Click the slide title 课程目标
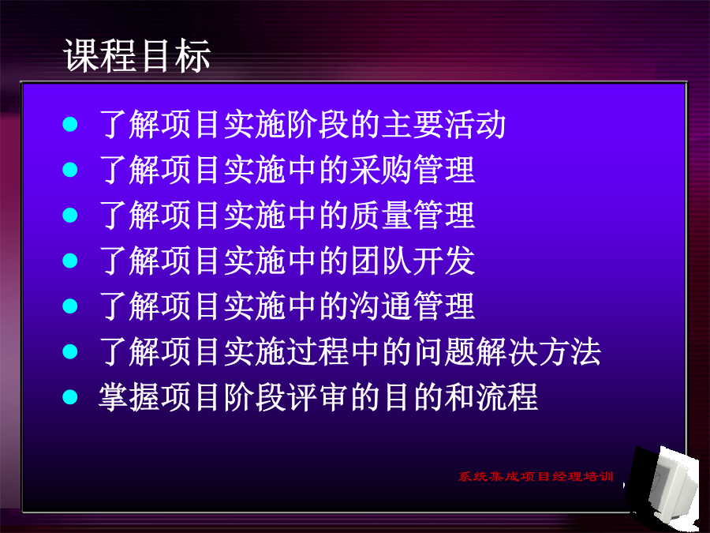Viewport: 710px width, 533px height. tap(136, 56)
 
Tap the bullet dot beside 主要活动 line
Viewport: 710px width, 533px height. tap(70, 124)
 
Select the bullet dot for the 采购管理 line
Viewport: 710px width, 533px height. tap(70, 170)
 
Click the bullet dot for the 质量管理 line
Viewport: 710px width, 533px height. tap(70, 215)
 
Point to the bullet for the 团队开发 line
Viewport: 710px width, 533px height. tap(70, 261)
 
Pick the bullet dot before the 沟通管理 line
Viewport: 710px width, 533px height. tap(70, 306)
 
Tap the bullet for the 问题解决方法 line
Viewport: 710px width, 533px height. tap(70, 351)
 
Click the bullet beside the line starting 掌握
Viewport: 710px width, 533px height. tap(70, 397)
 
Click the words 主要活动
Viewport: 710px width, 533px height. tap(443, 124)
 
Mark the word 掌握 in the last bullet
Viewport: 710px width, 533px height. tap(130, 397)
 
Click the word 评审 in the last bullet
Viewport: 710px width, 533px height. tap(319, 397)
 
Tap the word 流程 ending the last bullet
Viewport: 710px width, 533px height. tap(507, 397)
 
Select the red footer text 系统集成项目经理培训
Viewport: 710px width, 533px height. tap(536, 476)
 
